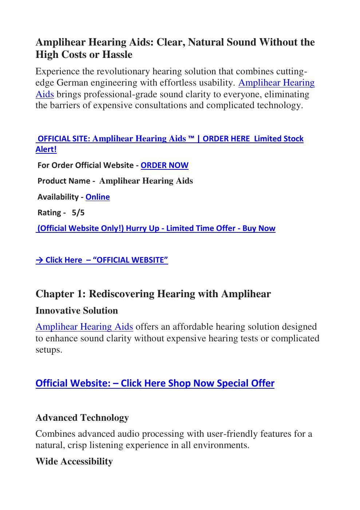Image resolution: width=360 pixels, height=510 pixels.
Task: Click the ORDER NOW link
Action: tap(165, 165)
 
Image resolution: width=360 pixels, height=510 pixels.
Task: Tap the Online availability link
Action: tap(98, 197)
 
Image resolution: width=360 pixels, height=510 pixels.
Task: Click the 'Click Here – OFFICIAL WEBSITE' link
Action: tap(102, 260)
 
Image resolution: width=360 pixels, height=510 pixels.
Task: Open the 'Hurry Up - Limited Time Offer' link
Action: tap(156, 228)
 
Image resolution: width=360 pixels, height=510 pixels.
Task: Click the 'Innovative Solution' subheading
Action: tap(77, 311)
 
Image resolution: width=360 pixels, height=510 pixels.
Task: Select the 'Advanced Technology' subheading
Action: tap(82, 418)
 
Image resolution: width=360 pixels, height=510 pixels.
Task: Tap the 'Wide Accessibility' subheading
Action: tap(74, 462)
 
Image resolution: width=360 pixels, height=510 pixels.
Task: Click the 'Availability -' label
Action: tap(60, 197)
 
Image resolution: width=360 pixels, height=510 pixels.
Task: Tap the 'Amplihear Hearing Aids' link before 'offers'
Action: tap(84, 327)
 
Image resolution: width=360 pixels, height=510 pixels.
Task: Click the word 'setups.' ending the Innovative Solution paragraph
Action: tap(49, 350)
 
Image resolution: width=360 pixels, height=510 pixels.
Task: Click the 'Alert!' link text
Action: tap(46, 149)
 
